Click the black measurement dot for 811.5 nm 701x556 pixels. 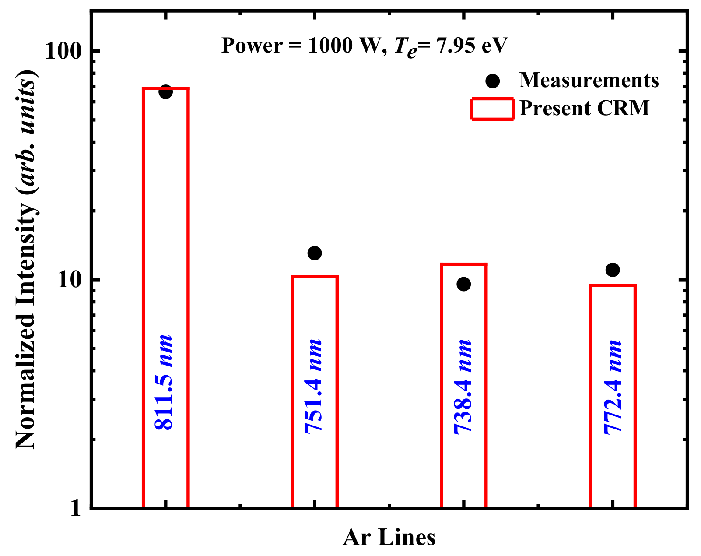click(x=165, y=92)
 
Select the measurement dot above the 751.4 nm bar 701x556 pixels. click(x=315, y=253)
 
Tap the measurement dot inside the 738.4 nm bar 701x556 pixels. click(x=463, y=284)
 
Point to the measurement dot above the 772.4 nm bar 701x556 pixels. click(x=613, y=270)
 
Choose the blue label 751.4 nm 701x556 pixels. click(x=313, y=386)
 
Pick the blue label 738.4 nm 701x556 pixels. click(x=463, y=386)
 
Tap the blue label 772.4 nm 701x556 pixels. click(x=613, y=386)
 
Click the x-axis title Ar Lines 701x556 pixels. click(x=389, y=538)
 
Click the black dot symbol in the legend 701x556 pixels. click(x=493, y=81)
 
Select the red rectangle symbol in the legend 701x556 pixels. click(x=492, y=109)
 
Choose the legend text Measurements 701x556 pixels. click(x=589, y=81)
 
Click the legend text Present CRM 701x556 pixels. click(x=584, y=108)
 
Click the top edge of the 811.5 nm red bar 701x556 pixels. click(x=166, y=89)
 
